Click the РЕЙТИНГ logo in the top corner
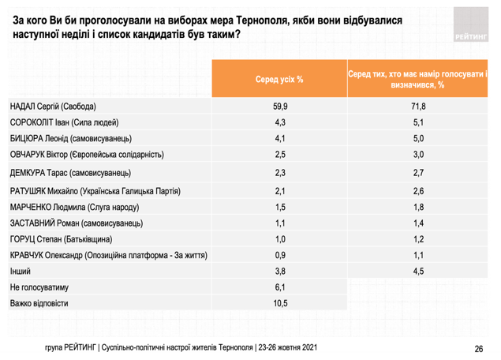[x=471, y=24]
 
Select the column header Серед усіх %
[x=279, y=79]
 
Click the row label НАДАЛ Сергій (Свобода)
[x=53, y=107]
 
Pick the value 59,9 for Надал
[x=280, y=107]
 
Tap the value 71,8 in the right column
[x=418, y=107]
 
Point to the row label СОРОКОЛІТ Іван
[x=64, y=122]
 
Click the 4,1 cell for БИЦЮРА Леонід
[x=280, y=138]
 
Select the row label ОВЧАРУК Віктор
[x=87, y=155]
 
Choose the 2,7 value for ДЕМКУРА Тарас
[x=418, y=173]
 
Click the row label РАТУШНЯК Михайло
[x=95, y=191]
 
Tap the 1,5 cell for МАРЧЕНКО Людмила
[x=280, y=207]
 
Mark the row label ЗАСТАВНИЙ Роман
[x=77, y=223]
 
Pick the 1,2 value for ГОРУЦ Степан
[x=418, y=239]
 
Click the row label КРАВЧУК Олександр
[x=109, y=256]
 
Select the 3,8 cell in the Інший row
[x=280, y=271]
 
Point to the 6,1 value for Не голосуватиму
[x=280, y=287]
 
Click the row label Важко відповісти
[x=39, y=303]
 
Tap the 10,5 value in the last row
[x=280, y=303]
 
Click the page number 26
[x=479, y=349]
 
